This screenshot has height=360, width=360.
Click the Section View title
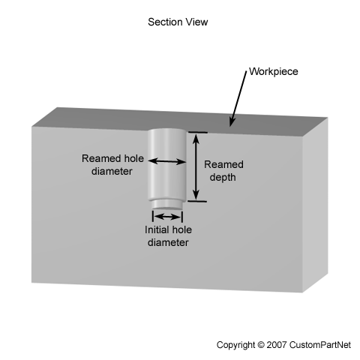click(x=178, y=22)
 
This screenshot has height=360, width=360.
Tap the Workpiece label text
click(x=274, y=71)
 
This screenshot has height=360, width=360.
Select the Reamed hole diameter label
click(x=112, y=165)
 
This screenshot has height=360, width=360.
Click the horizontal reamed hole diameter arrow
click(x=167, y=161)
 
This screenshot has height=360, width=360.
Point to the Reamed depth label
click(x=223, y=171)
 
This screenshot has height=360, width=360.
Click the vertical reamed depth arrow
click(x=196, y=166)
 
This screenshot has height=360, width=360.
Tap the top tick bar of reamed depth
click(x=198, y=132)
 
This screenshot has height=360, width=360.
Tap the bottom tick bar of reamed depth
click(x=197, y=201)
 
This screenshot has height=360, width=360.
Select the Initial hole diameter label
click(x=168, y=236)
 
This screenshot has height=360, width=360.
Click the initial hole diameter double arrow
click(x=167, y=217)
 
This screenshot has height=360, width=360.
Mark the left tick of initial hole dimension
click(x=153, y=216)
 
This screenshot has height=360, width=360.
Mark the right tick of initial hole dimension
click(x=182, y=217)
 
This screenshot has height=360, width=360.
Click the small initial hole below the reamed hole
click(x=166, y=205)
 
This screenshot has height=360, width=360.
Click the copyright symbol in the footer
click(x=260, y=345)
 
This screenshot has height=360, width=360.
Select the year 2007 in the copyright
click(x=277, y=345)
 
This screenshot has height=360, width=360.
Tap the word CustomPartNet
click(x=320, y=345)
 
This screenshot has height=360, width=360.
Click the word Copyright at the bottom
click(x=235, y=345)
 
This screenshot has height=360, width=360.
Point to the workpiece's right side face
click(x=315, y=205)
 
